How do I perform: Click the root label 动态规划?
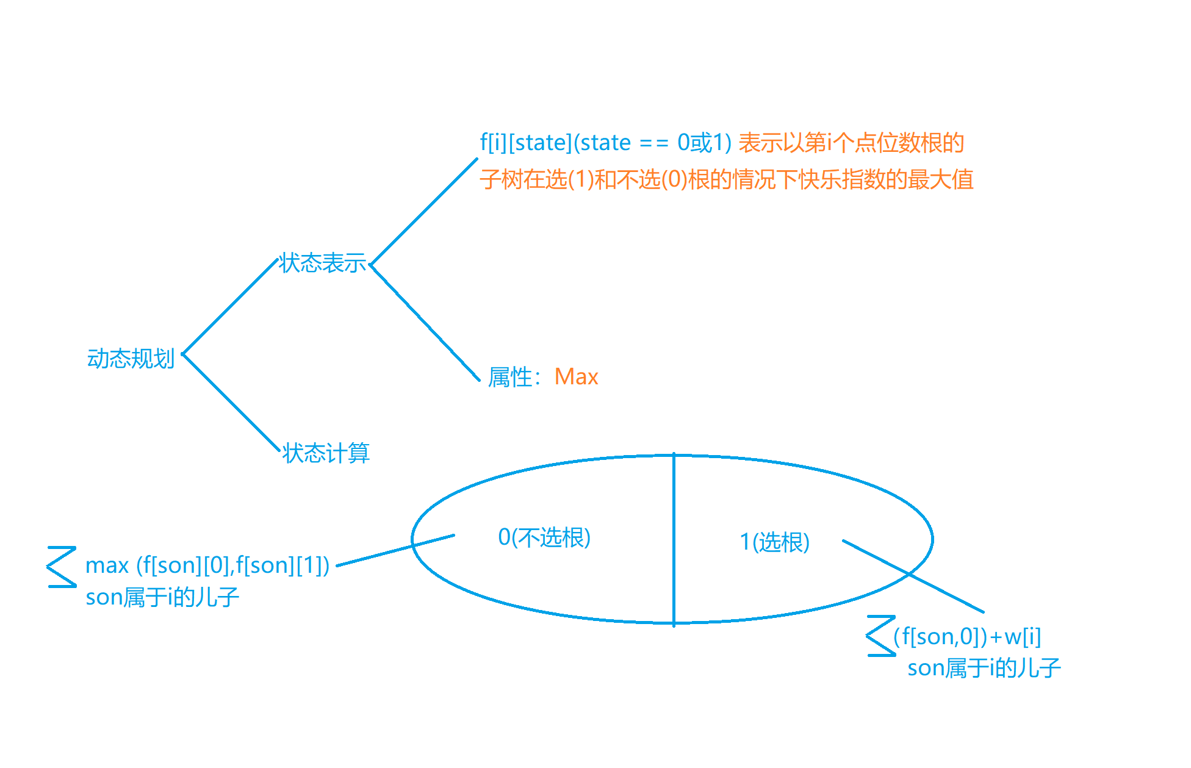(x=131, y=359)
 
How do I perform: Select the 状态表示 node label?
(x=323, y=263)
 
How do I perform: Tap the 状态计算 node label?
(x=326, y=453)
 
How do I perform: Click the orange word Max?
(x=576, y=377)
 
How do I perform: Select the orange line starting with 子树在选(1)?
(x=726, y=179)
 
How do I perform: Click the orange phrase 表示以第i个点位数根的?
(x=851, y=143)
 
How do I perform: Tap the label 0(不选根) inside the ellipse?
(x=544, y=537)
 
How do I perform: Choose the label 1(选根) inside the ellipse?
(x=774, y=542)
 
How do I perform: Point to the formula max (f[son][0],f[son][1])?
(x=207, y=565)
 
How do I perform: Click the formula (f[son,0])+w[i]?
(x=967, y=637)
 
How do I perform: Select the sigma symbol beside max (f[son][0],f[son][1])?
(x=62, y=567)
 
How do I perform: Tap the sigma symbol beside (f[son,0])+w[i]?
(x=880, y=636)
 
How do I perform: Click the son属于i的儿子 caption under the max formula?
(x=162, y=597)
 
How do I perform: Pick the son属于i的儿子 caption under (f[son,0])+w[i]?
(x=984, y=668)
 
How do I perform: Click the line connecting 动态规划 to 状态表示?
(x=230, y=307)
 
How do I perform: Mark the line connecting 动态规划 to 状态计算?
(x=231, y=402)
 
